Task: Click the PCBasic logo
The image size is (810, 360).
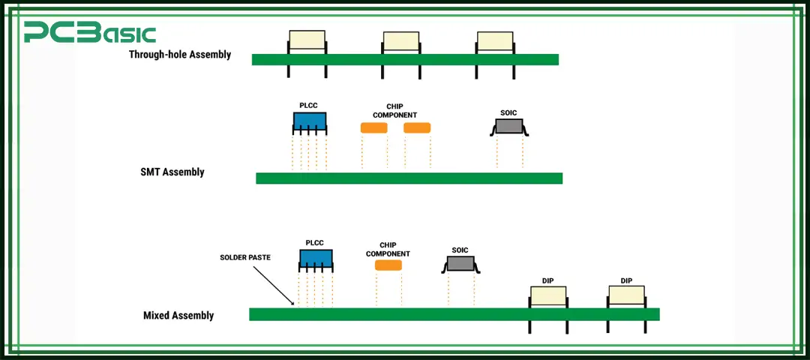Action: click(x=89, y=33)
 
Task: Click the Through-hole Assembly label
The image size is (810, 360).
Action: click(x=180, y=55)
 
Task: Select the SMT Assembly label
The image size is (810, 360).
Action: click(x=172, y=172)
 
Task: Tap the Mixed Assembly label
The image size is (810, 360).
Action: click(x=178, y=316)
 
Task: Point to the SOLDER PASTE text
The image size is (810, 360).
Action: click(x=245, y=257)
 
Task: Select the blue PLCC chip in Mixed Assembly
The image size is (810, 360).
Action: click(x=316, y=259)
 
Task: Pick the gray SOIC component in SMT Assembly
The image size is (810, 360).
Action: click(x=509, y=126)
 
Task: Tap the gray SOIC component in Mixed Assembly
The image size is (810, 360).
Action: click(x=460, y=263)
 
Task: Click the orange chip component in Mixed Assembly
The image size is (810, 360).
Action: click(x=388, y=265)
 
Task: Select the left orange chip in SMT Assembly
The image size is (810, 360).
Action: click(x=373, y=128)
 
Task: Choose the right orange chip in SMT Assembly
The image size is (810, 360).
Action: click(x=417, y=128)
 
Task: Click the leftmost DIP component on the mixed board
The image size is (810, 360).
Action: click(x=547, y=296)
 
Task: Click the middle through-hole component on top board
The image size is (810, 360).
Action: click(x=401, y=42)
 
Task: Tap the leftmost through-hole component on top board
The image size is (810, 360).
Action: click(x=307, y=41)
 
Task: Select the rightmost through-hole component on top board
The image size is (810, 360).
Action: click(x=495, y=42)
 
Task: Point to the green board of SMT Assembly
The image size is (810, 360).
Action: click(x=409, y=178)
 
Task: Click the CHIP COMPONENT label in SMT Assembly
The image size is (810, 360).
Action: click(x=394, y=111)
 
